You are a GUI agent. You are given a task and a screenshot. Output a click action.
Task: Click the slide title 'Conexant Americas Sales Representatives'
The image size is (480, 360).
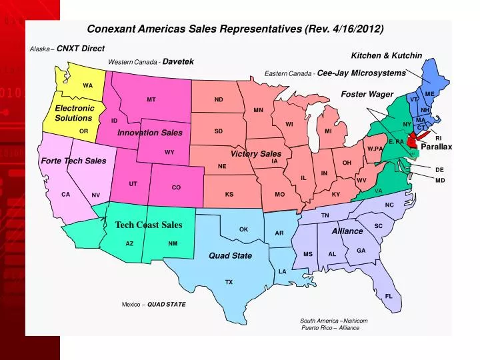pyautogui.click(x=235, y=29)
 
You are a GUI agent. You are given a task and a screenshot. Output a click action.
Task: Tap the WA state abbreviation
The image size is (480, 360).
pyautogui.click(x=88, y=85)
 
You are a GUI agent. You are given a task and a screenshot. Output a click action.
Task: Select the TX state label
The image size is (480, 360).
pyautogui.click(x=229, y=282)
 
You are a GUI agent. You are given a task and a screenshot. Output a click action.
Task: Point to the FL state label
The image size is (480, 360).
pyautogui.click(x=389, y=296)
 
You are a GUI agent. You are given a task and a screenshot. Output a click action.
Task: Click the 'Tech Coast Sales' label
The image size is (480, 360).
pyautogui.click(x=148, y=225)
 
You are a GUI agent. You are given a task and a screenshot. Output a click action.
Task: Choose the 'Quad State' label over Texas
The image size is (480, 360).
pyautogui.click(x=230, y=255)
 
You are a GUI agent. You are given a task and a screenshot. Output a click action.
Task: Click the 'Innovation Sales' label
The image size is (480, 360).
pyautogui.click(x=149, y=133)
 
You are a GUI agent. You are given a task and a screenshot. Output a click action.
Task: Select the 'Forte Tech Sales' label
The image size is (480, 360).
pyautogui.click(x=73, y=161)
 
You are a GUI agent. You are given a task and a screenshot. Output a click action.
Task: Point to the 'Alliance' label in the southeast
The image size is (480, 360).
pyautogui.click(x=347, y=231)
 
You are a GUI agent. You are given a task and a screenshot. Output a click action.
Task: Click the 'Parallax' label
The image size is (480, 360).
pyautogui.click(x=436, y=147)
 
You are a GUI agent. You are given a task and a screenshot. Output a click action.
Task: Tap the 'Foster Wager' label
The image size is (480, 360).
pyautogui.click(x=367, y=95)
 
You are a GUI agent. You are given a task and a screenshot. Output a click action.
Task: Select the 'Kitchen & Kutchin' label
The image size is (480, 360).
pyautogui.click(x=386, y=55)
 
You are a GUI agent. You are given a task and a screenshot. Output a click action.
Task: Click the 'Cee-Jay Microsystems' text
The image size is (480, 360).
pyautogui.click(x=361, y=73)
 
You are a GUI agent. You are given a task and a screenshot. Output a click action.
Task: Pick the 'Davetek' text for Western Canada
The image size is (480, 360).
pyautogui.click(x=178, y=61)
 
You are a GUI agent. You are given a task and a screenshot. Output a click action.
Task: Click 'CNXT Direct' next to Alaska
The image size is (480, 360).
pyautogui.click(x=81, y=49)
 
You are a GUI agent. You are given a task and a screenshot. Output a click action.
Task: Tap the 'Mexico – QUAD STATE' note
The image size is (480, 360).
pyautogui.click(x=153, y=305)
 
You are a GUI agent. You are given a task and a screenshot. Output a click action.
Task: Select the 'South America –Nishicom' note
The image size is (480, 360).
pyautogui.click(x=333, y=321)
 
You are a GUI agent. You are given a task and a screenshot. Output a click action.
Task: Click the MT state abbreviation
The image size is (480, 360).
pyautogui.click(x=151, y=100)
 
